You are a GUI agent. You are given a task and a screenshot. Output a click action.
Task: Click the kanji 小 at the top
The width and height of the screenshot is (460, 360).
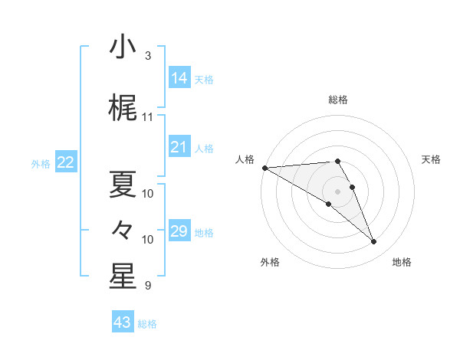(x=122, y=47)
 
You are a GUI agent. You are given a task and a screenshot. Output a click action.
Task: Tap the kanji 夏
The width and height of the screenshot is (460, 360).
(x=122, y=183)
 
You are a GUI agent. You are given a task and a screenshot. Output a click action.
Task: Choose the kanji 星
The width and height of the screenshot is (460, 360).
(x=122, y=277)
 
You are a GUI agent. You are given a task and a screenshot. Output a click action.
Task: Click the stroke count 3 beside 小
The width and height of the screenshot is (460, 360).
(x=147, y=56)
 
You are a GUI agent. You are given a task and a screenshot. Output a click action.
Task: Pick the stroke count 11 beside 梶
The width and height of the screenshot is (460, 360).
(x=147, y=117)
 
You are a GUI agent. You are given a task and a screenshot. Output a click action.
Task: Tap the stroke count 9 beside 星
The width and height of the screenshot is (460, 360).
(x=147, y=286)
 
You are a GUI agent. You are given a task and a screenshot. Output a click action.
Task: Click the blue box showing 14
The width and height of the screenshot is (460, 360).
(x=179, y=78)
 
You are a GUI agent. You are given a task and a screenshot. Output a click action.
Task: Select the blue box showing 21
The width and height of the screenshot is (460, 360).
(x=179, y=147)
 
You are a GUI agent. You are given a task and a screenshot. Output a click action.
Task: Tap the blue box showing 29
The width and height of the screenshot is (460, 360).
(x=179, y=231)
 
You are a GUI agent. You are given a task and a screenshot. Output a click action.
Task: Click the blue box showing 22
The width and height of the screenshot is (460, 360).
(x=66, y=162)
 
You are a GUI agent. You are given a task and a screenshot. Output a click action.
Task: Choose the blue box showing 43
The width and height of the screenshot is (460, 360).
(x=122, y=322)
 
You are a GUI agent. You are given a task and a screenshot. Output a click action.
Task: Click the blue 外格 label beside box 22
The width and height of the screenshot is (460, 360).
(x=40, y=163)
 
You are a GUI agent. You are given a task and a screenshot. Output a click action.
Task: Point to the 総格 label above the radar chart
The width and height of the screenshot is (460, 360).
(x=338, y=100)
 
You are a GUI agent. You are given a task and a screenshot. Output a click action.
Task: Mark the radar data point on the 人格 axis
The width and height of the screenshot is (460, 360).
(x=264, y=168)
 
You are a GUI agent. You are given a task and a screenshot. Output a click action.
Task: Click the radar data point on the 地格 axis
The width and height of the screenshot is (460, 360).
(x=373, y=242)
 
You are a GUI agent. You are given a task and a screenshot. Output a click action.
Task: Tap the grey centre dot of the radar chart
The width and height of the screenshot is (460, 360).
(x=338, y=191)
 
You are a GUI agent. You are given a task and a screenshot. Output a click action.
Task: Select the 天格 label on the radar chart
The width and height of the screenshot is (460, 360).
(x=431, y=159)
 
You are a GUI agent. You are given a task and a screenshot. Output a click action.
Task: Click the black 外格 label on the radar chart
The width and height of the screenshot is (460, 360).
(x=270, y=262)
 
